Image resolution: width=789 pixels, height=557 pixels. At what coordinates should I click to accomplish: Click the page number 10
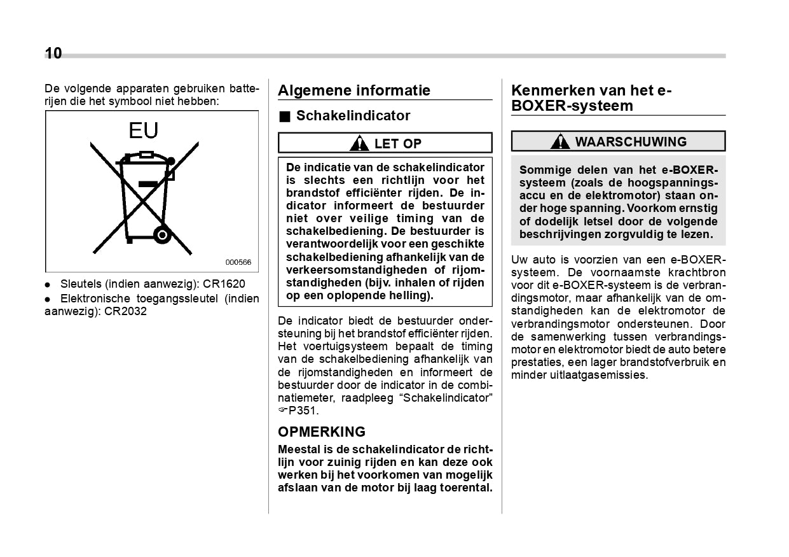(x=53, y=53)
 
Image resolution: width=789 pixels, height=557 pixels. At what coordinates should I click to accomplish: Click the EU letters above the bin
(x=143, y=130)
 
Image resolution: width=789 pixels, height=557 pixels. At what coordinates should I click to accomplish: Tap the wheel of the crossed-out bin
(x=162, y=236)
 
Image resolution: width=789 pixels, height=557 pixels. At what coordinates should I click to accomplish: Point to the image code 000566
(x=238, y=262)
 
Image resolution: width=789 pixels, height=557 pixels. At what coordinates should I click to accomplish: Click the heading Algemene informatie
(x=354, y=90)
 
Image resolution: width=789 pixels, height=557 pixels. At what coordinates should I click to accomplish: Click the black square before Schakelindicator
(x=284, y=116)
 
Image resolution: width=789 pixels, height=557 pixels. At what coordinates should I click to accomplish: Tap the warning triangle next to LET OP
(x=359, y=143)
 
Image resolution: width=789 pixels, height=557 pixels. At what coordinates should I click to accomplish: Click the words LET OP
(x=397, y=144)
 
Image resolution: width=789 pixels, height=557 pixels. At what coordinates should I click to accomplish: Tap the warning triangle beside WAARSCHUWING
(x=560, y=141)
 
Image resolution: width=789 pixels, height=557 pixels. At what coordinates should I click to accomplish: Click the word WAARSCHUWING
(x=631, y=141)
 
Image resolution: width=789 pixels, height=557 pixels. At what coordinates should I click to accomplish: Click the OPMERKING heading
(x=322, y=432)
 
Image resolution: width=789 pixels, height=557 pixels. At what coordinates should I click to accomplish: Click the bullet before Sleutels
(x=48, y=285)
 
